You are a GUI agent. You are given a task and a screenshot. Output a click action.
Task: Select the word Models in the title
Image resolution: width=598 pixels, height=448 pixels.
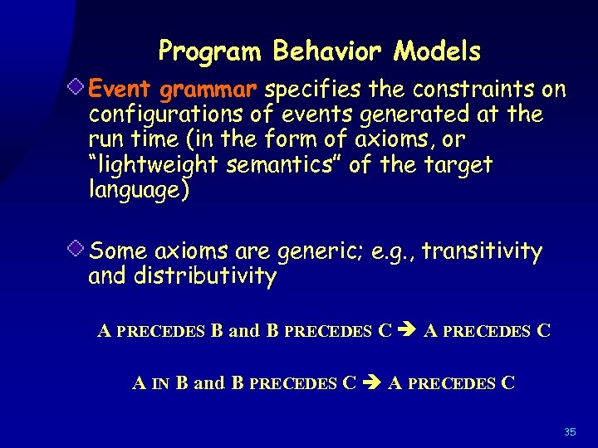pos(438,52)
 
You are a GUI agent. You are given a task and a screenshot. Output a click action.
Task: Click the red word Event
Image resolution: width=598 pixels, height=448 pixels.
pos(122,88)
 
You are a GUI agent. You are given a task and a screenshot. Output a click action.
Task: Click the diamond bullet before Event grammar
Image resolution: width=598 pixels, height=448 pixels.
pos(76,86)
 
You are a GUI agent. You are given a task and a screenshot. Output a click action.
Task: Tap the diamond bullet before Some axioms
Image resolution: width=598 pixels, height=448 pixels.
pos(76,248)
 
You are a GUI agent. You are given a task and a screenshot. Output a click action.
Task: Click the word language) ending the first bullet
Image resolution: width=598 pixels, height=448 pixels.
pos(139,191)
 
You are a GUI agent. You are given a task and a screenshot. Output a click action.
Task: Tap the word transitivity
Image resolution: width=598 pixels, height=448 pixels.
pos(483,251)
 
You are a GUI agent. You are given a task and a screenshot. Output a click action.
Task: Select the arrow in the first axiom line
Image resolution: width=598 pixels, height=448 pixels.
pos(408,332)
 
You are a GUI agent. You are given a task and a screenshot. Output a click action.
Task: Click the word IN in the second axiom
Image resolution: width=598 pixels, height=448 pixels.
pos(161,384)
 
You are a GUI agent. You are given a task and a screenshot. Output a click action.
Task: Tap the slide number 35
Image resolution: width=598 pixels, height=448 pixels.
pos(570,432)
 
